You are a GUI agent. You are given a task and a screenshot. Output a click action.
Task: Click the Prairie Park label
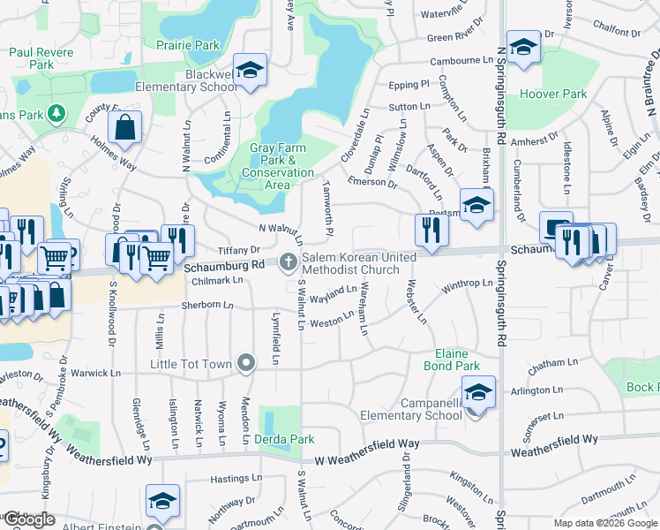tap(187, 44)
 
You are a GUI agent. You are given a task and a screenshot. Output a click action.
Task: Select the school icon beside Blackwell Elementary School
tap(250, 71)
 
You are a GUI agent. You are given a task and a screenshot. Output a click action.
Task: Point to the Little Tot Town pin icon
tap(246, 364)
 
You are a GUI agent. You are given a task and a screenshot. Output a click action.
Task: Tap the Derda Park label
tap(284, 439)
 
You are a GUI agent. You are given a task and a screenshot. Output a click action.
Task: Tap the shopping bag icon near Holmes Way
tap(126, 128)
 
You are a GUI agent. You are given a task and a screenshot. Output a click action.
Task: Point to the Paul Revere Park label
tap(41, 58)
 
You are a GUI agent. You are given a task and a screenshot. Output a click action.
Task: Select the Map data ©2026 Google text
tap(605, 523)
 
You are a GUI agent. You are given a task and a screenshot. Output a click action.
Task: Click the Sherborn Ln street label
tap(208, 306)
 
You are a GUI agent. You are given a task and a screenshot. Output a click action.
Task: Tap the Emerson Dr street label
tap(372, 182)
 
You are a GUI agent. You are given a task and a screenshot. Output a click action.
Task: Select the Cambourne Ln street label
tap(460, 62)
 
